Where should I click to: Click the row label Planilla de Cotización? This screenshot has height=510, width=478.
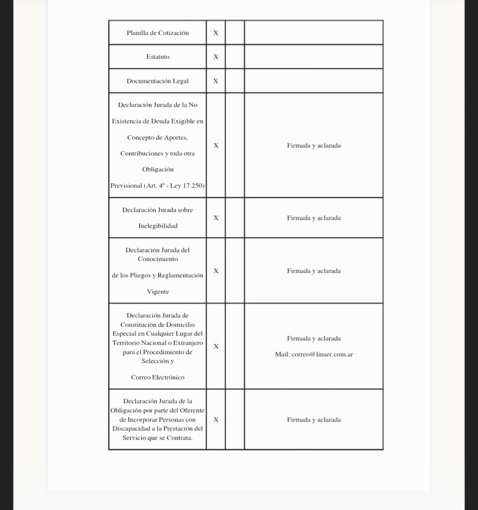click(158, 33)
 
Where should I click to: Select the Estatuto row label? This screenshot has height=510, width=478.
click(158, 57)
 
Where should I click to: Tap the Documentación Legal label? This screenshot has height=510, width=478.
click(158, 81)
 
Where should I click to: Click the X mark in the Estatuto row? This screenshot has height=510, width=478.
click(216, 57)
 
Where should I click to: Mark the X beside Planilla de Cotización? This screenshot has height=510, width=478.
click(216, 33)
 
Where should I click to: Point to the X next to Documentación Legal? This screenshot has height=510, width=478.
click(216, 81)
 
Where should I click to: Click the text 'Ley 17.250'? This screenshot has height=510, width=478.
click(187, 186)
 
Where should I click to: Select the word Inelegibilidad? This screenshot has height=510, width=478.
click(158, 226)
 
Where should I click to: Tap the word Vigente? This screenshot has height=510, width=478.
click(158, 292)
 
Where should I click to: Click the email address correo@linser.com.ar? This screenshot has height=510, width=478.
click(322, 355)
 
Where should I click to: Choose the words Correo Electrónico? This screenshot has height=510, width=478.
click(158, 378)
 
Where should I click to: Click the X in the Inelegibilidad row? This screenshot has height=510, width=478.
click(216, 218)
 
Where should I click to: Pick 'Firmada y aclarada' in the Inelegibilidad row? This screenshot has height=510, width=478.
click(314, 218)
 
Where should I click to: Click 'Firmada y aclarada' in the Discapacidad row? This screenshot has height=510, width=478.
click(314, 420)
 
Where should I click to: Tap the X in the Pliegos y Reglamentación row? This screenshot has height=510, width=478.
click(216, 271)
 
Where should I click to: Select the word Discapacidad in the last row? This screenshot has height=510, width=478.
click(131, 429)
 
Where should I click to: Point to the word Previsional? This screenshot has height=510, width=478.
click(126, 186)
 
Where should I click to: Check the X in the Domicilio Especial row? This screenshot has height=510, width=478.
click(216, 347)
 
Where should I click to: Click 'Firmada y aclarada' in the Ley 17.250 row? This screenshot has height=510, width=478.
click(314, 146)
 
